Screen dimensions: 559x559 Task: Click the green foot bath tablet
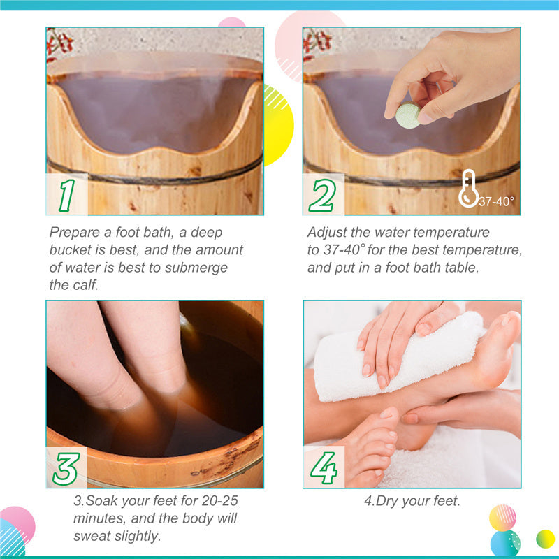408,115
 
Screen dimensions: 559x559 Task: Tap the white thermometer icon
468,189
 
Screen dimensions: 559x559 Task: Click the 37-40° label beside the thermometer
496,201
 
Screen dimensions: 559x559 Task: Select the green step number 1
66,196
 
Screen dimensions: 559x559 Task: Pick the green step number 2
322,196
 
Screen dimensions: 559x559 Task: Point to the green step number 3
66,469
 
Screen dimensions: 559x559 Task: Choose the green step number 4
324,467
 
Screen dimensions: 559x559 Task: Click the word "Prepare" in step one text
75,233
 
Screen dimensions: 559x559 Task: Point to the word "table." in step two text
461,268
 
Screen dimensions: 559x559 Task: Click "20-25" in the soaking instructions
219,501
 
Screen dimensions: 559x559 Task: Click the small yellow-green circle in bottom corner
546,539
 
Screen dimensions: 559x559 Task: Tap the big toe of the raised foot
509,323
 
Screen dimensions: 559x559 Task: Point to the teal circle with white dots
505,544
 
